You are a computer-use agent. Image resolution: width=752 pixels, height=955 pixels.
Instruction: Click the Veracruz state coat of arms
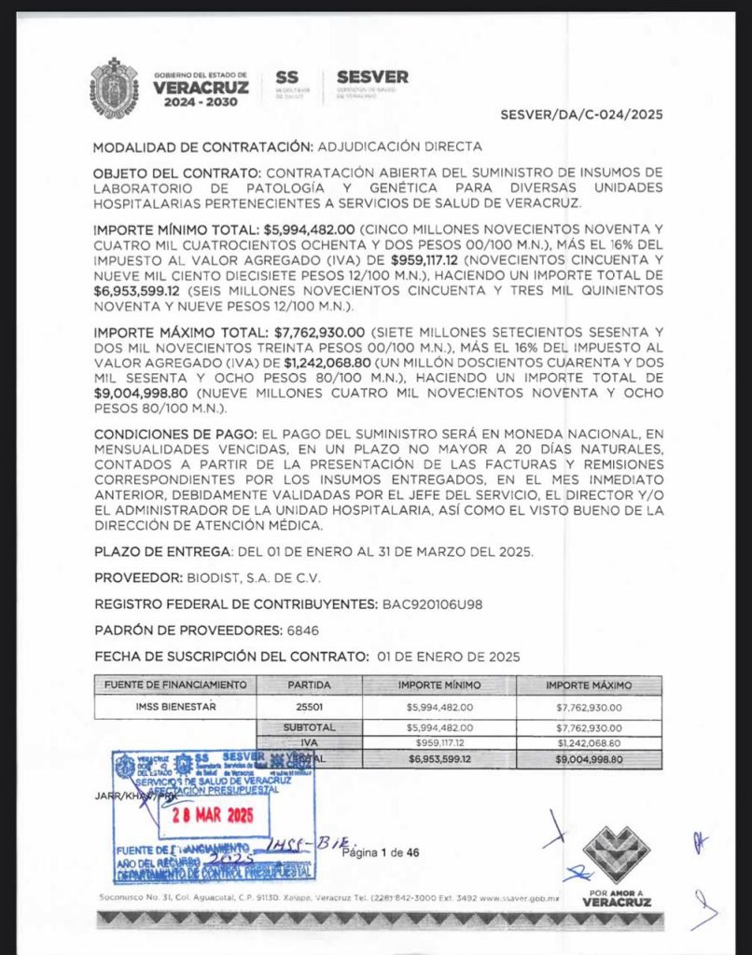click(x=115, y=88)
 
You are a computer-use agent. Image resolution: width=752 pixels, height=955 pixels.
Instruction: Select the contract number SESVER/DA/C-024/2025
click(x=581, y=116)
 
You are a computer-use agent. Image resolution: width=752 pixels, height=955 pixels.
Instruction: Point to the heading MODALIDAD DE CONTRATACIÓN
click(x=202, y=146)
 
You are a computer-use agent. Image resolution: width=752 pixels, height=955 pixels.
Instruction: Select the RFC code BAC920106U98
click(x=432, y=603)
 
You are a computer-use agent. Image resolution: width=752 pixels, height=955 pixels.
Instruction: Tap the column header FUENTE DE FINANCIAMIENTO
click(x=175, y=685)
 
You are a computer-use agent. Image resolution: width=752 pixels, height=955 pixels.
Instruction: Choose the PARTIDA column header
click(x=309, y=685)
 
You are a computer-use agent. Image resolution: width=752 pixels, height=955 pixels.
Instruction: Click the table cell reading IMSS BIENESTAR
click(x=175, y=707)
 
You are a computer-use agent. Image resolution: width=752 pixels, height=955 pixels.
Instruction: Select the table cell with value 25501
click(x=309, y=707)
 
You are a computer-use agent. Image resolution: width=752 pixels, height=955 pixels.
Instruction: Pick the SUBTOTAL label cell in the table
click(x=309, y=727)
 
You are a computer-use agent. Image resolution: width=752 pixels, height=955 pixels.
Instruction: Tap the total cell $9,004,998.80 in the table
click(x=588, y=759)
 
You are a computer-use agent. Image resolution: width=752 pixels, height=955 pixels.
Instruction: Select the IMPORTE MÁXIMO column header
click(x=588, y=685)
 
